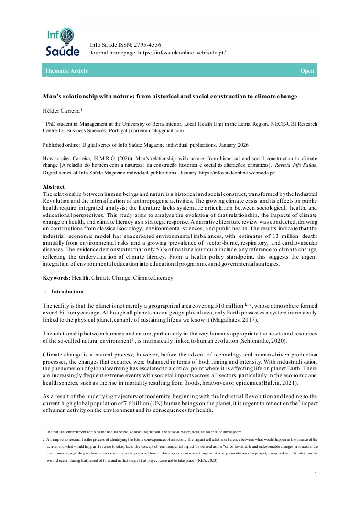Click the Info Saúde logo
pyautogui.click(x=60, y=43)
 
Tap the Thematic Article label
pyautogui.click(x=66, y=71)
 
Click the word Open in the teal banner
pyautogui.click(x=307, y=71)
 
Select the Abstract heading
pyautogui.click(x=54, y=187)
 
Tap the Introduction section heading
pyautogui.click(x=67, y=291)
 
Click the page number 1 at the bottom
pyautogui.click(x=316, y=474)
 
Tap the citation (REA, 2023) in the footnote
pyautogui.click(x=204, y=461)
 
